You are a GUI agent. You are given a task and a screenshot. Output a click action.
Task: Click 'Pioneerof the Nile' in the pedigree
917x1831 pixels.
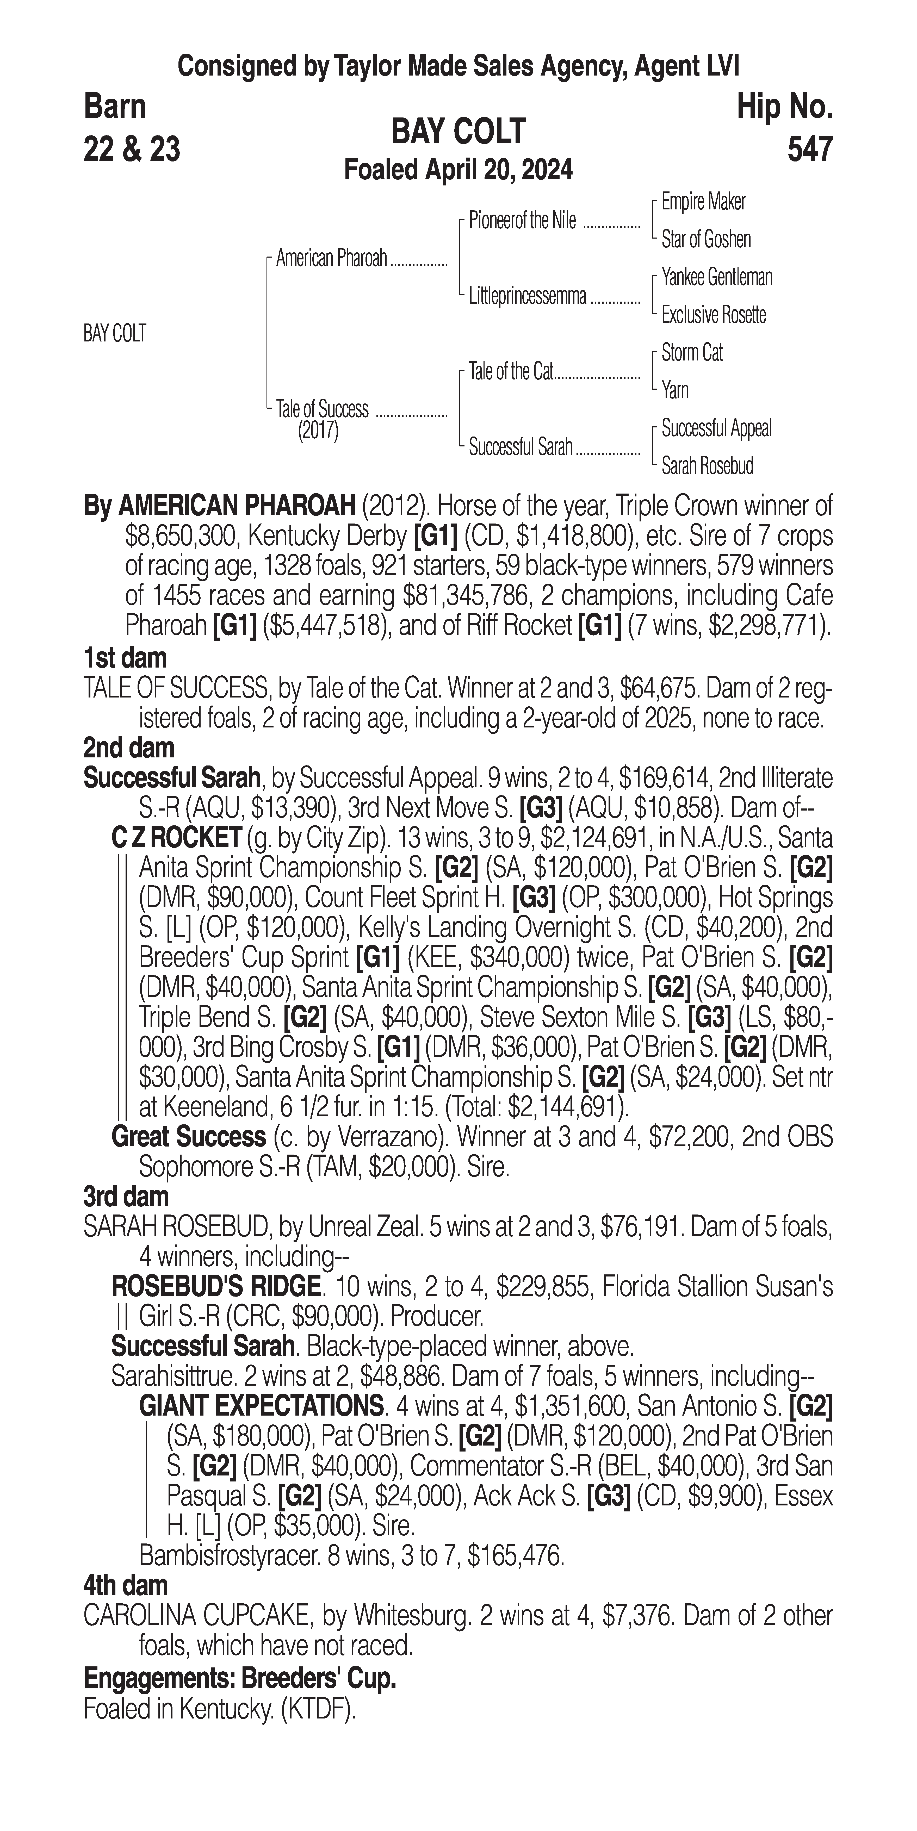(x=523, y=221)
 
